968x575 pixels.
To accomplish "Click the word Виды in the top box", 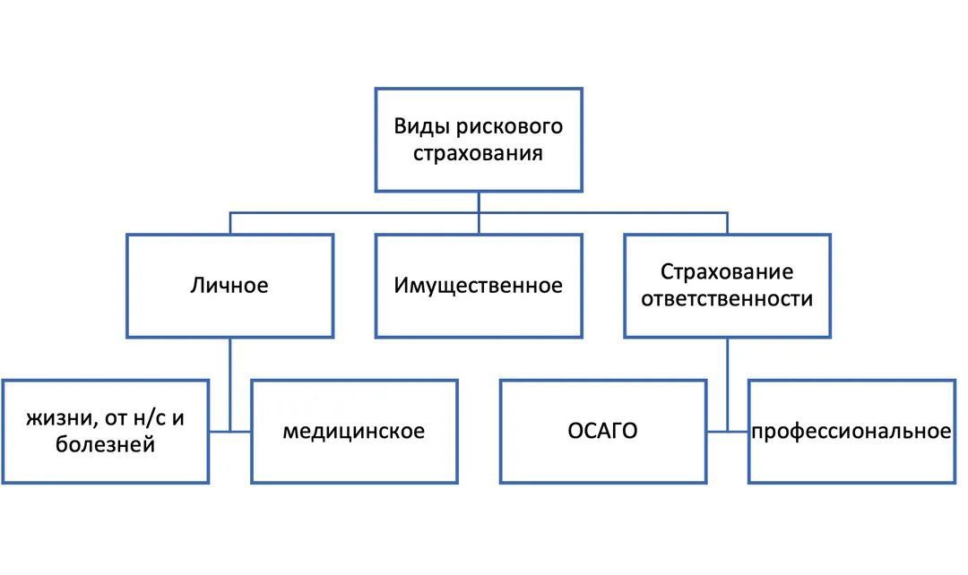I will pyautogui.click(x=419, y=125).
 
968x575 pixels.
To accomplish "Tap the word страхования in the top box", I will pyautogui.click(x=478, y=152).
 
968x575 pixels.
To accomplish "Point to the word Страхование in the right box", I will pyautogui.click(x=727, y=271).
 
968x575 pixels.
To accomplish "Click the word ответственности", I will pyautogui.click(x=727, y=298).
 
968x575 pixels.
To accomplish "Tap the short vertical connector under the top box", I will pyautogui.click(x=478, y=202).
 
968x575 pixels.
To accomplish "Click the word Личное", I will pyautogui.click(x=229, y=287).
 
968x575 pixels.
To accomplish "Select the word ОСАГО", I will pyautogui.click(x=602, y=432).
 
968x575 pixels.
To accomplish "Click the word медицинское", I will pyautogui.click(x=354, y=432).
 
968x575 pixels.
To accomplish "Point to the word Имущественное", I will pyautogui.click(x=478, y=287).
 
